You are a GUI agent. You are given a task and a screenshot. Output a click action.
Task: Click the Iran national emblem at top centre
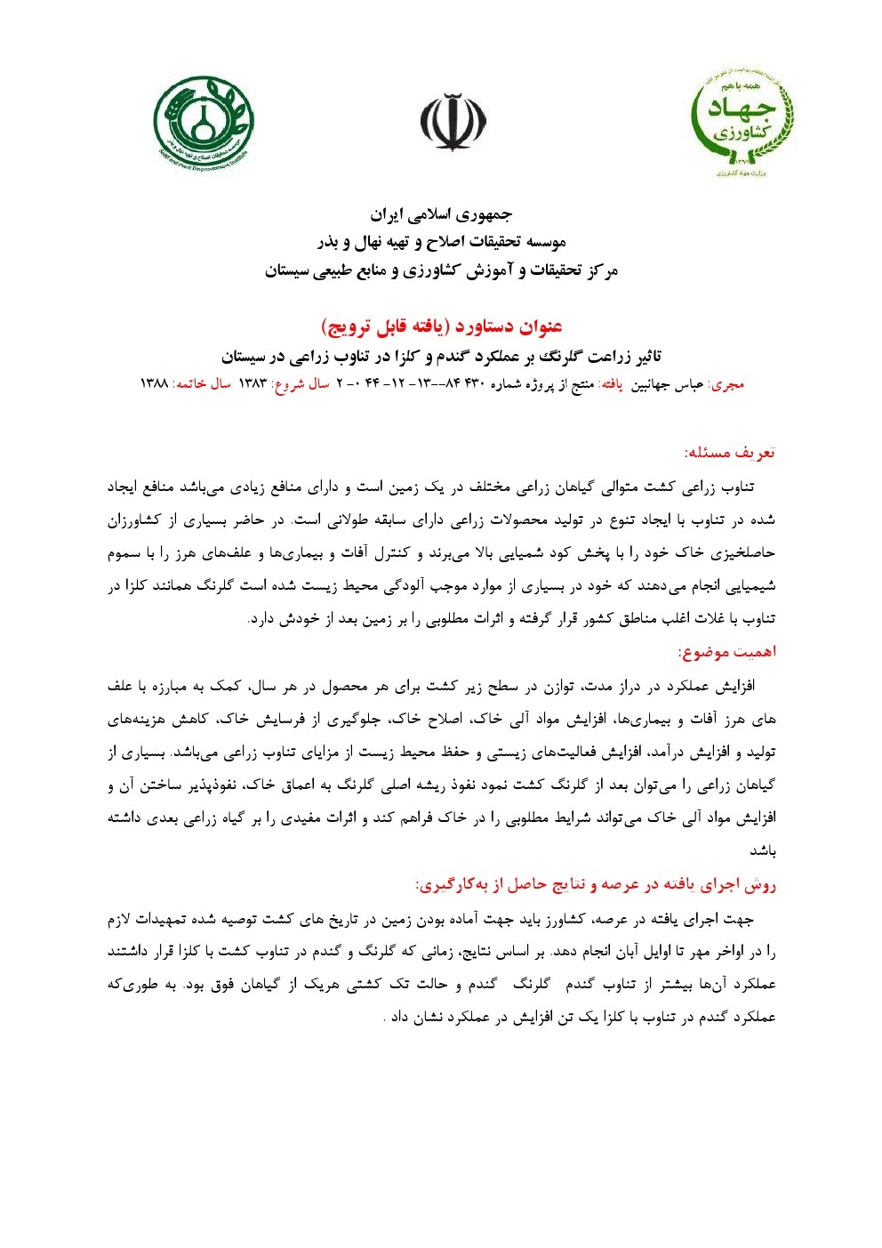[453, 122]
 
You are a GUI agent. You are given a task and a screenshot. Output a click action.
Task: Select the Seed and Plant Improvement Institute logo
[204, 122]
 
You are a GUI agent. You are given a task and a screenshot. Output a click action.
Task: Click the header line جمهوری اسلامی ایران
[441, 214]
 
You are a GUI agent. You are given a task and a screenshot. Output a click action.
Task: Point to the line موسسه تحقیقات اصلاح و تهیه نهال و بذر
[441, 242]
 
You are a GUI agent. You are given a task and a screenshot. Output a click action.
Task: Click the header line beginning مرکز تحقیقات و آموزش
[441, 270]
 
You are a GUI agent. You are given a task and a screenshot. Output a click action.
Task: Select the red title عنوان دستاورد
[441, 326]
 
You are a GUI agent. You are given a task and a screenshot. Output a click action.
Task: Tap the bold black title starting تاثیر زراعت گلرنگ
[441, 356]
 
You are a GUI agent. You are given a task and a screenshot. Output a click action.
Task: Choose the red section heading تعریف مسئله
[729, 452]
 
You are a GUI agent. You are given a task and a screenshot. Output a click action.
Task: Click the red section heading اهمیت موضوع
[726, 652]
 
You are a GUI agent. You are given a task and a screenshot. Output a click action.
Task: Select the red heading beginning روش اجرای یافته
[596, 884]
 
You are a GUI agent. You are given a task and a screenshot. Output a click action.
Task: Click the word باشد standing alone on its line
[762, 851]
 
